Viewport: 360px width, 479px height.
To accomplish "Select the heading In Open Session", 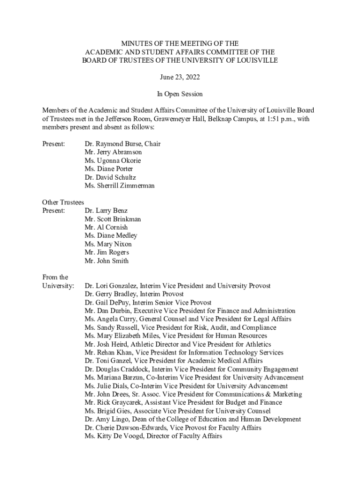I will click(180, 94).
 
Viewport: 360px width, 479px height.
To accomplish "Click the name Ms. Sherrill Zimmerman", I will click(120, 186).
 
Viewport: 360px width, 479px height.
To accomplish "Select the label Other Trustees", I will click(63, 203).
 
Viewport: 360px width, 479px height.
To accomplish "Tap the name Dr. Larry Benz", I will click(106, 211).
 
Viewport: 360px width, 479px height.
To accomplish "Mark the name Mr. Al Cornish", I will click(106, 228).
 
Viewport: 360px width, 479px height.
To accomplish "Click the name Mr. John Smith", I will click(107, 261).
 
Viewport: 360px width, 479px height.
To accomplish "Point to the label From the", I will click(55, 277).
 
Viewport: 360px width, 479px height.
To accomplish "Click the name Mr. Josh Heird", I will click(107, 344).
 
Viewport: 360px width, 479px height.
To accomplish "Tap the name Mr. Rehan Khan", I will click(108, 353).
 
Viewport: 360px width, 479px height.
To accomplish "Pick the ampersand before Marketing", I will click(275, 394).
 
